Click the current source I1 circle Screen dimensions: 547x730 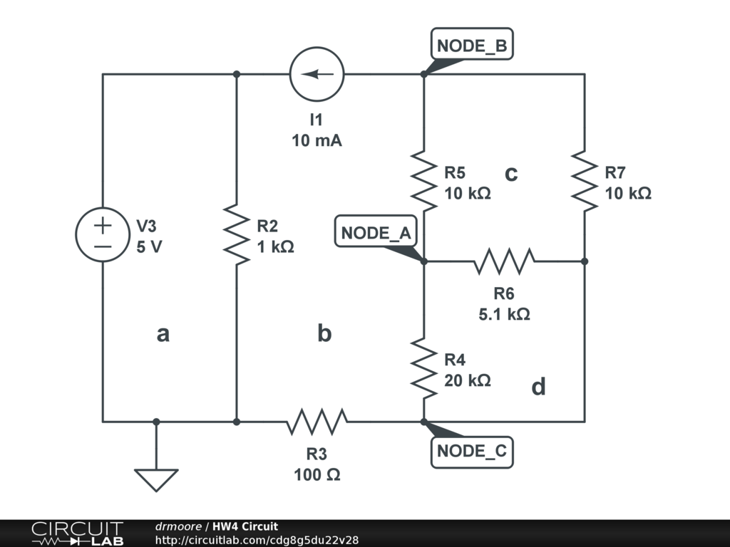[317, 73]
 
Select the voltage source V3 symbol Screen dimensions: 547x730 [103, 236]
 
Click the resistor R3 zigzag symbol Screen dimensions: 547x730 [317, 422]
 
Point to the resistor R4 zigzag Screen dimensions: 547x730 [423, 370]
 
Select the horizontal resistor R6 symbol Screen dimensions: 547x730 [504, 261]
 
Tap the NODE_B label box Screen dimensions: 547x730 [471, 46]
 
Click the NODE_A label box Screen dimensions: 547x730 [375, 233]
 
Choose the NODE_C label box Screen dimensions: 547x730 [471, 451]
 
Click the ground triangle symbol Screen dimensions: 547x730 [156, 479]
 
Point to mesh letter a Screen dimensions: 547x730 [163, 333]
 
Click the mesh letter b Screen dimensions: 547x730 [324, 333]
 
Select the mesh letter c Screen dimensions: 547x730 [511, 173]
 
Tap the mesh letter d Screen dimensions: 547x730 [539, 387]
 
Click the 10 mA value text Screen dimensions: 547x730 [317, 140]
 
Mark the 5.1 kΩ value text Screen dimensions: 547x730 [504, 313]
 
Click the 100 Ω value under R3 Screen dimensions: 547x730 [317, 474]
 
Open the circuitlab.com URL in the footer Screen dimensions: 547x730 [257, 540]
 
